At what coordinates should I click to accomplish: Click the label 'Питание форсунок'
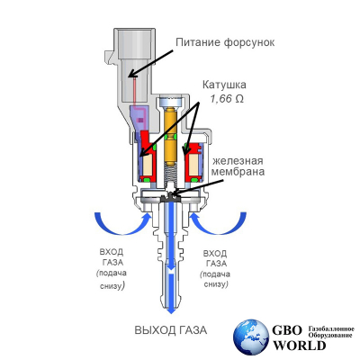(x=225, y=42)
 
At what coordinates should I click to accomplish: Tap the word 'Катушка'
(x=224, y=85)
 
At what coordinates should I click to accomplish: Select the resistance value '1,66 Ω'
(x=227, y=99)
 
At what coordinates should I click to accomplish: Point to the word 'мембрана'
(x=238, y=172)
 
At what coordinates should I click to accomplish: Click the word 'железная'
(x=238, y=161)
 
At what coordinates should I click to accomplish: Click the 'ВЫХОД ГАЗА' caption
(x=171, y=330)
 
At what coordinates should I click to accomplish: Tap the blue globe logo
(x=251, y=337)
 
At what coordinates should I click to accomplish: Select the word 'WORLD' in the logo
(x=299, y=346)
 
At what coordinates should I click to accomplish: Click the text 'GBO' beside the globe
(x=287, y=330)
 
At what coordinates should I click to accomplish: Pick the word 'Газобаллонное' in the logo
(x=331, y=328)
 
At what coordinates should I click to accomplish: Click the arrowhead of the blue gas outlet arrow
(x=171, y=310)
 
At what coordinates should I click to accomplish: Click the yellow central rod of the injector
(x=170, y=136)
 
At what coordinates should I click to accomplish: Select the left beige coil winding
(x=148, y=166)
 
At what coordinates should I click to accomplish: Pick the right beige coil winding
(x=193, y=166)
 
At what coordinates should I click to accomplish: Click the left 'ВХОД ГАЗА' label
(x=112, y=256)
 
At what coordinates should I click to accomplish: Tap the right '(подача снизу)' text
(x=215, y=279)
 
